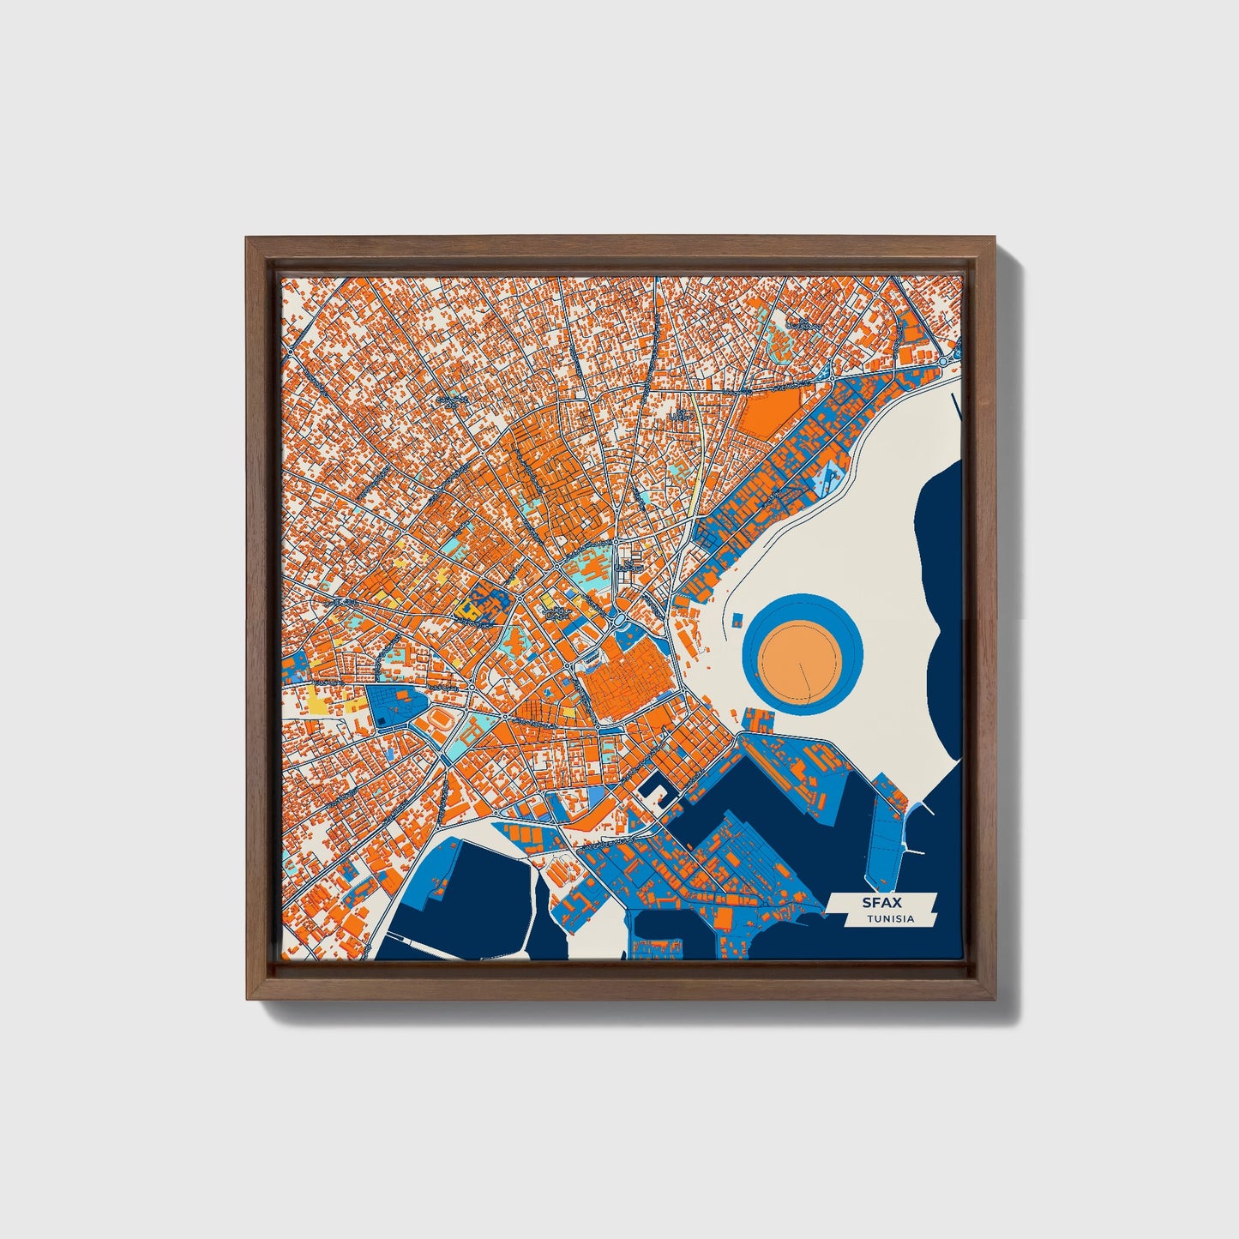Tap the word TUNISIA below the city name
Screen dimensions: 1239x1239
point(889,919)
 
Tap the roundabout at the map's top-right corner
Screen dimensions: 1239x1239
point(945,363)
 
